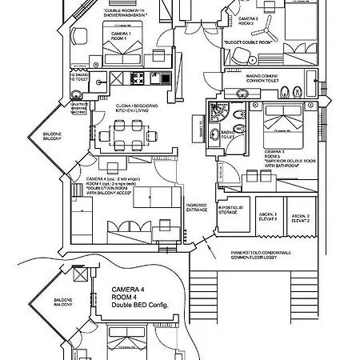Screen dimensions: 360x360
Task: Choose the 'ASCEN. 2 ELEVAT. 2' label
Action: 300,217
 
